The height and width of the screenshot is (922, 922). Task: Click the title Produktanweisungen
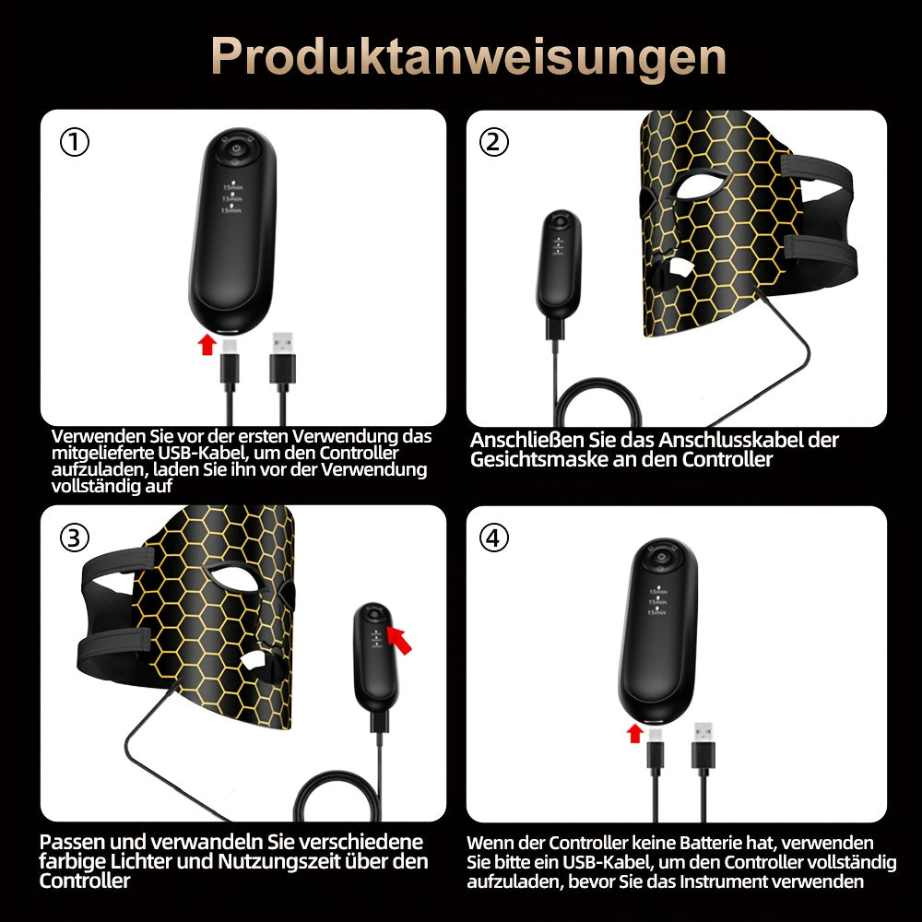tap(468, 57)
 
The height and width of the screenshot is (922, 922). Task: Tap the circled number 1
tap(75, 142)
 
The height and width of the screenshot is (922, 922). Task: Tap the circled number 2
tap(493, 142)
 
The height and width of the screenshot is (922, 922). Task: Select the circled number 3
tap(75, 538)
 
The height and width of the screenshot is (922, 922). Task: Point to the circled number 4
tap(493, 538)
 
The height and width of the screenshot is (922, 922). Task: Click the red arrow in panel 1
tap(207, 344)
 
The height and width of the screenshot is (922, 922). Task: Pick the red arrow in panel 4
tap(634, 733)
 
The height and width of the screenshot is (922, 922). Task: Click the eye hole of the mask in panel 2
tap(705, 183)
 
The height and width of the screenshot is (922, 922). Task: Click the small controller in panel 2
tap(559, 264)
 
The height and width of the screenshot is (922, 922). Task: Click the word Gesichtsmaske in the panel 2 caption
tap(538, 459)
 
